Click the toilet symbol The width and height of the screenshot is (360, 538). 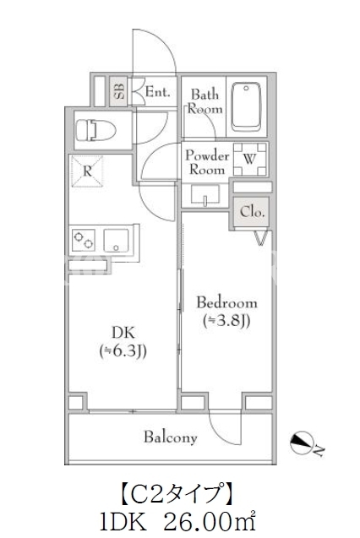click(x=95, y=130)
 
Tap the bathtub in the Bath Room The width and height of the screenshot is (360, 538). click(x=246, y=106)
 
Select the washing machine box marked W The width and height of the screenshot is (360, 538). click(x=250, y=159)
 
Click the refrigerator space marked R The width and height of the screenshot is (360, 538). click(x=87, y=171)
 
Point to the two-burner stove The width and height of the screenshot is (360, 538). click(x=84, y=240)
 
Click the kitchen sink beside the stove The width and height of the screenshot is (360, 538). click(x=116, y=240)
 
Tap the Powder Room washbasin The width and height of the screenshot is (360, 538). click(x=205, y=196)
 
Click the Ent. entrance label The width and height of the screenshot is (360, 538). click(x=157, y=91)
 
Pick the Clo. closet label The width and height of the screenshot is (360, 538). click(x=252, y=212)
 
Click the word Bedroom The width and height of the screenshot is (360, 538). click(x=226, y=303)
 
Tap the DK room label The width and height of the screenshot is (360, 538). click(x=123, y=333)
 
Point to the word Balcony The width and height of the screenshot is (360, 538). click(x=171, y=437)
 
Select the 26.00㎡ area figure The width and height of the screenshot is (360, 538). click(x=210, y=524)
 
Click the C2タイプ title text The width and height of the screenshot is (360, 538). click(x=176, y=494)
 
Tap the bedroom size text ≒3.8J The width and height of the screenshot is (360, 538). click(x=226, y=321)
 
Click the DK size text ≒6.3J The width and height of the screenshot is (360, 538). click(x=123, y=351)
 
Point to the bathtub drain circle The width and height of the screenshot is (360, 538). click(x=246, y=89)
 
